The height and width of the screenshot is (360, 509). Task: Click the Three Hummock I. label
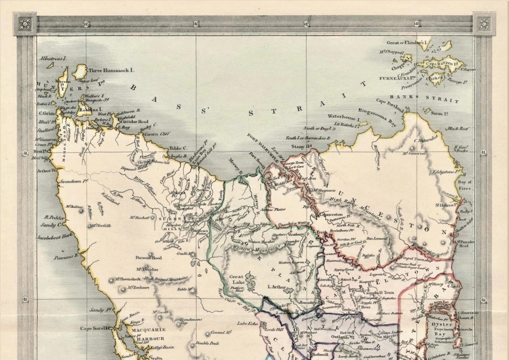[111, 70]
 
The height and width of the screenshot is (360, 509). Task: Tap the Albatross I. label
[51, 58]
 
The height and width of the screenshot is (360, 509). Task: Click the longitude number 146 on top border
[196, 24]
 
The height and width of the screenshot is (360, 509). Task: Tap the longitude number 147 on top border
[306, 24]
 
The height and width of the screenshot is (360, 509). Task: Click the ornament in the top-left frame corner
[24, 24]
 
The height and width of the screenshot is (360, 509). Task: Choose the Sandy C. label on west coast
[53, 224]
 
